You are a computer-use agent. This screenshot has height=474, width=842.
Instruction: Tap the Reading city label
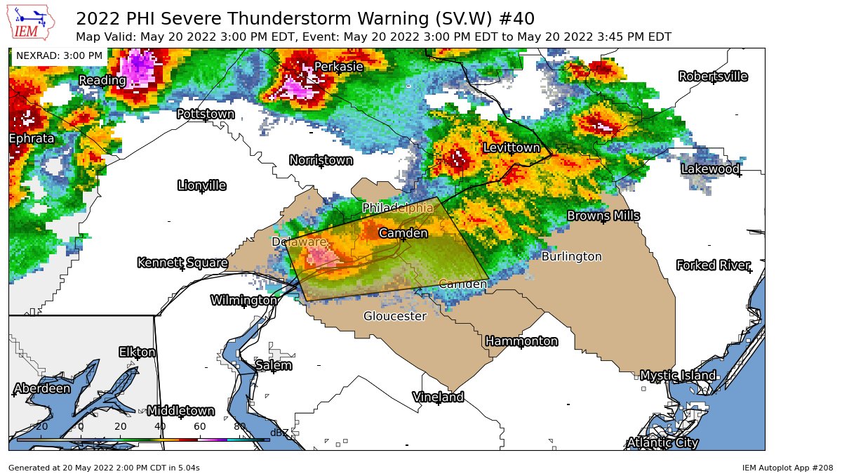coord(102,81)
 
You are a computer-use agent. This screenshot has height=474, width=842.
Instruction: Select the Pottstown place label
coord(206,114)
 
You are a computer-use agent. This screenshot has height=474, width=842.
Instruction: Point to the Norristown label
coord(321,161)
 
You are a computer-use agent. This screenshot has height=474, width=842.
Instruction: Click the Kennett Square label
coord(182,263)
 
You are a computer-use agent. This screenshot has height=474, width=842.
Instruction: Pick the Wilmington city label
coord(244,301)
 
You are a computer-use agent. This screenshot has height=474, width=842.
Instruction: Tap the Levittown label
coord(512,148)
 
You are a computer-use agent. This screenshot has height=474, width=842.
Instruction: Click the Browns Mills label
coord(603,216)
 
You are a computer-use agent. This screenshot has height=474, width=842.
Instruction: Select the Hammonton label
coord(521,341)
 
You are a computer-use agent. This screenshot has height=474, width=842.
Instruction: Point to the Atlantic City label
coord(662,442)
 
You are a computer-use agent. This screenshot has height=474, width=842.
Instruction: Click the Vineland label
coord(439,397)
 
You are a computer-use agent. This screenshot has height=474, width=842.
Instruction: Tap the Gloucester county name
coord(395,317)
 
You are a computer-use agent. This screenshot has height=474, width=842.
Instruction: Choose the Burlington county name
coord(571,257)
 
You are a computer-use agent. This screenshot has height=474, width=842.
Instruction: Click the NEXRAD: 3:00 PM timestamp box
coord(59,55)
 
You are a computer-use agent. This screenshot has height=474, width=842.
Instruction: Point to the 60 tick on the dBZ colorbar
coord(200,426)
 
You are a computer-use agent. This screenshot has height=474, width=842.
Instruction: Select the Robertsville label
coord(713,77)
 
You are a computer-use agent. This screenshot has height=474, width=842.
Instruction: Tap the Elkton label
coord(138,352)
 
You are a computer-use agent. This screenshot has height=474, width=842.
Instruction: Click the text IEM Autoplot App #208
coord(787,467)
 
